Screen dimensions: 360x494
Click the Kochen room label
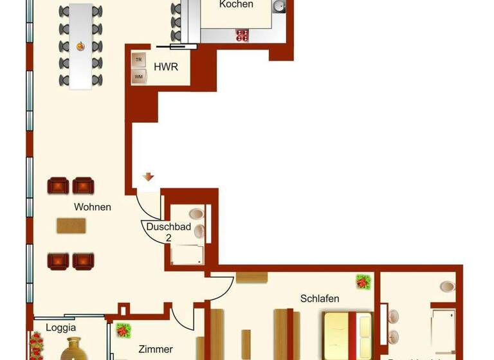(236, 4)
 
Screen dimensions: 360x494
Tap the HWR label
(166, 67)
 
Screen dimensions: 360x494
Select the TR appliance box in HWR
(138, 59)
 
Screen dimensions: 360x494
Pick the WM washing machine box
(138, 76)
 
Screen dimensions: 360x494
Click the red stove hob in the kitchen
(242, 35)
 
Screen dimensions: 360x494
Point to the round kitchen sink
(279, 6)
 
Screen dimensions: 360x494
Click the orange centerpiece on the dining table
(81, 46)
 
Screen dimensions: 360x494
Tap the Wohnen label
(93, 207)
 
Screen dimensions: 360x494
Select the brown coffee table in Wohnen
(71, 226)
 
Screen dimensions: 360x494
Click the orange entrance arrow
(149, 177)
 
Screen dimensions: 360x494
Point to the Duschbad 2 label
(159, 232)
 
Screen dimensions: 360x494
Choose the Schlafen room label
(320, 298)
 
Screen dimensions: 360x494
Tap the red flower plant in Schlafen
(363, 281)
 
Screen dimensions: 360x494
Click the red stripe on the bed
(352, 336)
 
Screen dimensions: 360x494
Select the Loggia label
(47, 327)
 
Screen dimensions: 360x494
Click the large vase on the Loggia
(73, 350)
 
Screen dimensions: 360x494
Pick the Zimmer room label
(156, 349)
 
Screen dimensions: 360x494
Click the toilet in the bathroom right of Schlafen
(447, 286)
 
